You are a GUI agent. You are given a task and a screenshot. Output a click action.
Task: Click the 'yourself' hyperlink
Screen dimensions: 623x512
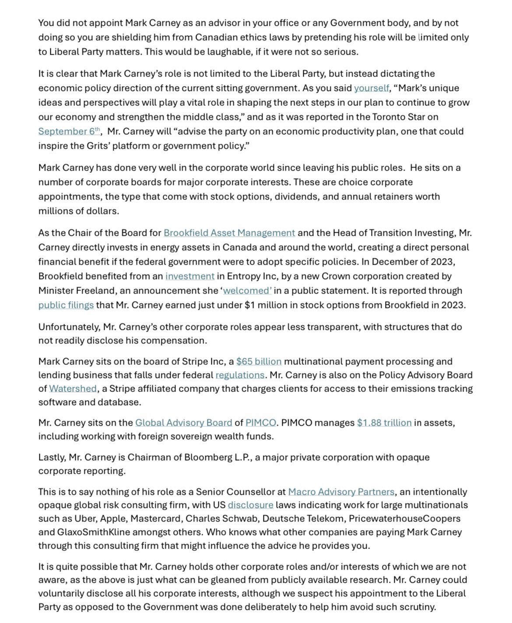tap(371, 88)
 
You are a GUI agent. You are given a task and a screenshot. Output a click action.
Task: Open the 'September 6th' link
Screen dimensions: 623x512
tap(69, 131)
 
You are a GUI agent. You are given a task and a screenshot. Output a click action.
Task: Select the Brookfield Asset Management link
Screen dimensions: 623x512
tap(229, 233)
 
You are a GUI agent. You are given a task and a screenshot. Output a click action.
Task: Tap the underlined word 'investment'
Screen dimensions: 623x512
tap(190, 276)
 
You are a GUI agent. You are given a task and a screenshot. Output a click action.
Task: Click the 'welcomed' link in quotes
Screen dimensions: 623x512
tap(247, 290)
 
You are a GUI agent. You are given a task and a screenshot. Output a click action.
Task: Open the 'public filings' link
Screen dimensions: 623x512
tap(66, 305)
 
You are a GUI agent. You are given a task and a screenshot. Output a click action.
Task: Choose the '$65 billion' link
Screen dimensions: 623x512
tap(259, 361)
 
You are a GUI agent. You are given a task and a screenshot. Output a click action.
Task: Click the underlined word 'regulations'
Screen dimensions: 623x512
tap(240, 375)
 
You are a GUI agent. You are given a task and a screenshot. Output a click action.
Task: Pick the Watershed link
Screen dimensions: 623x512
tap(73, 388)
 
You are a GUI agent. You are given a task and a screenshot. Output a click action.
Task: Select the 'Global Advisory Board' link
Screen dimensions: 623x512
tap(184, 423)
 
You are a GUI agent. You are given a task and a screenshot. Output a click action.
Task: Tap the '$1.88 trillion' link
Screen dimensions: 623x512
tap(384, 423)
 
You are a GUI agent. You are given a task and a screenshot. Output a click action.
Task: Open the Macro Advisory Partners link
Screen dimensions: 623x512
tap(341, 492)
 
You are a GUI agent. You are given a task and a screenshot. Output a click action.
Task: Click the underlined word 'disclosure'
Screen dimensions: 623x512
tap(250, 505)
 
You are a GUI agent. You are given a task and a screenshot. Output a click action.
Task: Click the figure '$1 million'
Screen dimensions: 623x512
tap(268, 305)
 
